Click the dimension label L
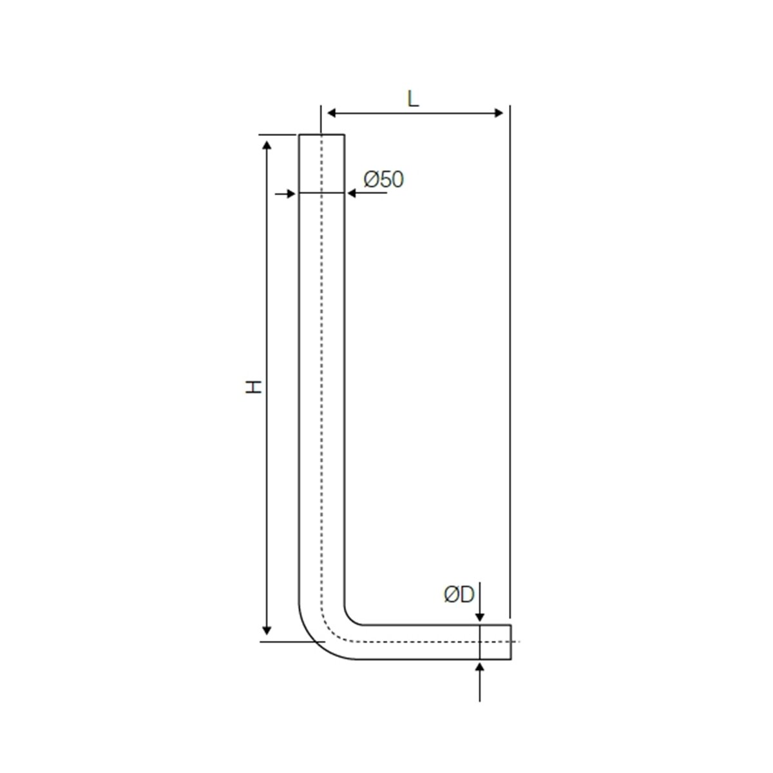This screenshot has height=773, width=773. tap(413, 99)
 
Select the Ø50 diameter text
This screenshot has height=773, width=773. tap(383, 179)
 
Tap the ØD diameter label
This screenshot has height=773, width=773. tap(459, 594)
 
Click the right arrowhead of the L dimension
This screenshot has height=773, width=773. tap(498, 113)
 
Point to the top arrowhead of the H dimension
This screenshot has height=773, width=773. tap(267, 143)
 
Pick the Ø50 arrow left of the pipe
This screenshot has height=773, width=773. tap(291, 193)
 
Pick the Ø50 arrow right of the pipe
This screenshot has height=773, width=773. tap(352, 193)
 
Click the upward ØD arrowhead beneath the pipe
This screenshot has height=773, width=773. tap(480, 666)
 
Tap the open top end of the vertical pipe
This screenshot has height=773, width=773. tap(321, 135)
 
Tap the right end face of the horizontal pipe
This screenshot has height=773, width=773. tap(511, 642)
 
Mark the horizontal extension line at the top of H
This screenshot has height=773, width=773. tap(278, 135)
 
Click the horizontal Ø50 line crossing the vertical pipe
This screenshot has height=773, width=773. tap(321, 193)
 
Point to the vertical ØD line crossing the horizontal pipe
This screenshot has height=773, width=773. tap(480, 642)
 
